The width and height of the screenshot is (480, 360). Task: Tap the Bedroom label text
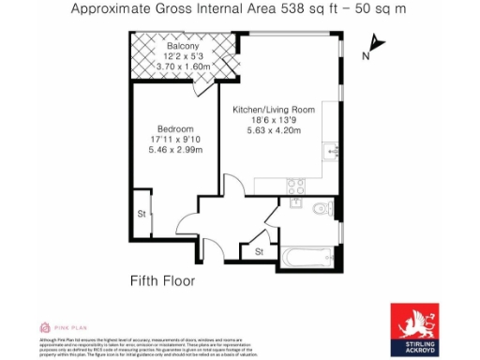tap(174, 128)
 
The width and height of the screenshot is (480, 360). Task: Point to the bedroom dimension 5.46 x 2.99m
tap(174, 149)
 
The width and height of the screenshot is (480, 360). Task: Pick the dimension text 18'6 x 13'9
tap(273, 121)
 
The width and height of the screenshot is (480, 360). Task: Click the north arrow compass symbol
tap(375, 42)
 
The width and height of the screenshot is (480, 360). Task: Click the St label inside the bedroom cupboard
tap(141, 213)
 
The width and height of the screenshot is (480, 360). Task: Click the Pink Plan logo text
tap(63, 327)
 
